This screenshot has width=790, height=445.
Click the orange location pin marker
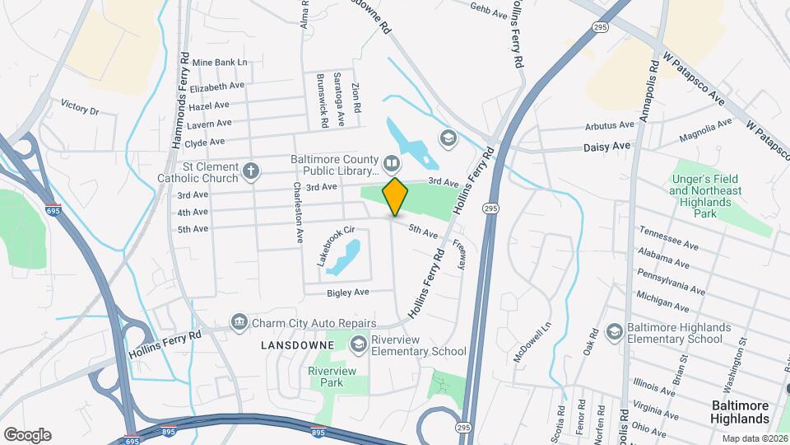click(x=395, y=196)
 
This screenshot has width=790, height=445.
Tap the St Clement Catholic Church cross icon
click(x=252, y=171)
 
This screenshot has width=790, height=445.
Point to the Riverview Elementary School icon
click(x=359, y=343)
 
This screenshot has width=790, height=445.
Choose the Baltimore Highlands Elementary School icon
click(x=614, y=332)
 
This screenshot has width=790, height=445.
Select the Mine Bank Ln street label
click(x=220, y=63)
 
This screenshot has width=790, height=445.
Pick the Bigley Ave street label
click(x=347, y=293)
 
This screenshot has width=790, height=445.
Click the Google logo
click(x=27, y=434)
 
